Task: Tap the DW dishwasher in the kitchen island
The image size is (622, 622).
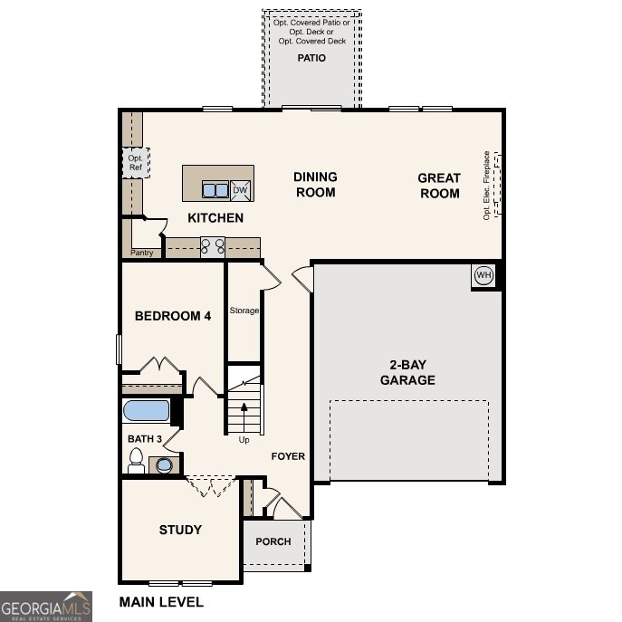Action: click(241, 190)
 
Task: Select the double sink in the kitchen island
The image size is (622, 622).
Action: click(215, 190)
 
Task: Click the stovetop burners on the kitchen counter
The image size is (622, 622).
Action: click(213, 244)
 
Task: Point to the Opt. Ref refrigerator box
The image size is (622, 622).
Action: click(135, 163)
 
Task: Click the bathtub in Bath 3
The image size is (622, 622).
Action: click(147, 411)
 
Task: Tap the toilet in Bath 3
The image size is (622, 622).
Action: click(137, 463)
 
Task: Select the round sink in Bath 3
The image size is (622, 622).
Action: click(164, 465)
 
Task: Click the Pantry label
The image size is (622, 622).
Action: click(142, 253)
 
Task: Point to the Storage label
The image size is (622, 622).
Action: click(244, 311)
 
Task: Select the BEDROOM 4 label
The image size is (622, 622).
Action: click(173, 316)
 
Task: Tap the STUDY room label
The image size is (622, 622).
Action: click(180, 530)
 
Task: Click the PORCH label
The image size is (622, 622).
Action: click(273, 541)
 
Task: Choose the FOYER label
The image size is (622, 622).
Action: click(288, 456)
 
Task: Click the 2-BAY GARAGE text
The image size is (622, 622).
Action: click(407, 372)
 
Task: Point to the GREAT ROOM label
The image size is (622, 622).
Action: click(439, 186)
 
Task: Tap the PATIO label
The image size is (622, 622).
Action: click(311, 58)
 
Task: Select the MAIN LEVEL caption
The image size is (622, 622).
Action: click(161, 601)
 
